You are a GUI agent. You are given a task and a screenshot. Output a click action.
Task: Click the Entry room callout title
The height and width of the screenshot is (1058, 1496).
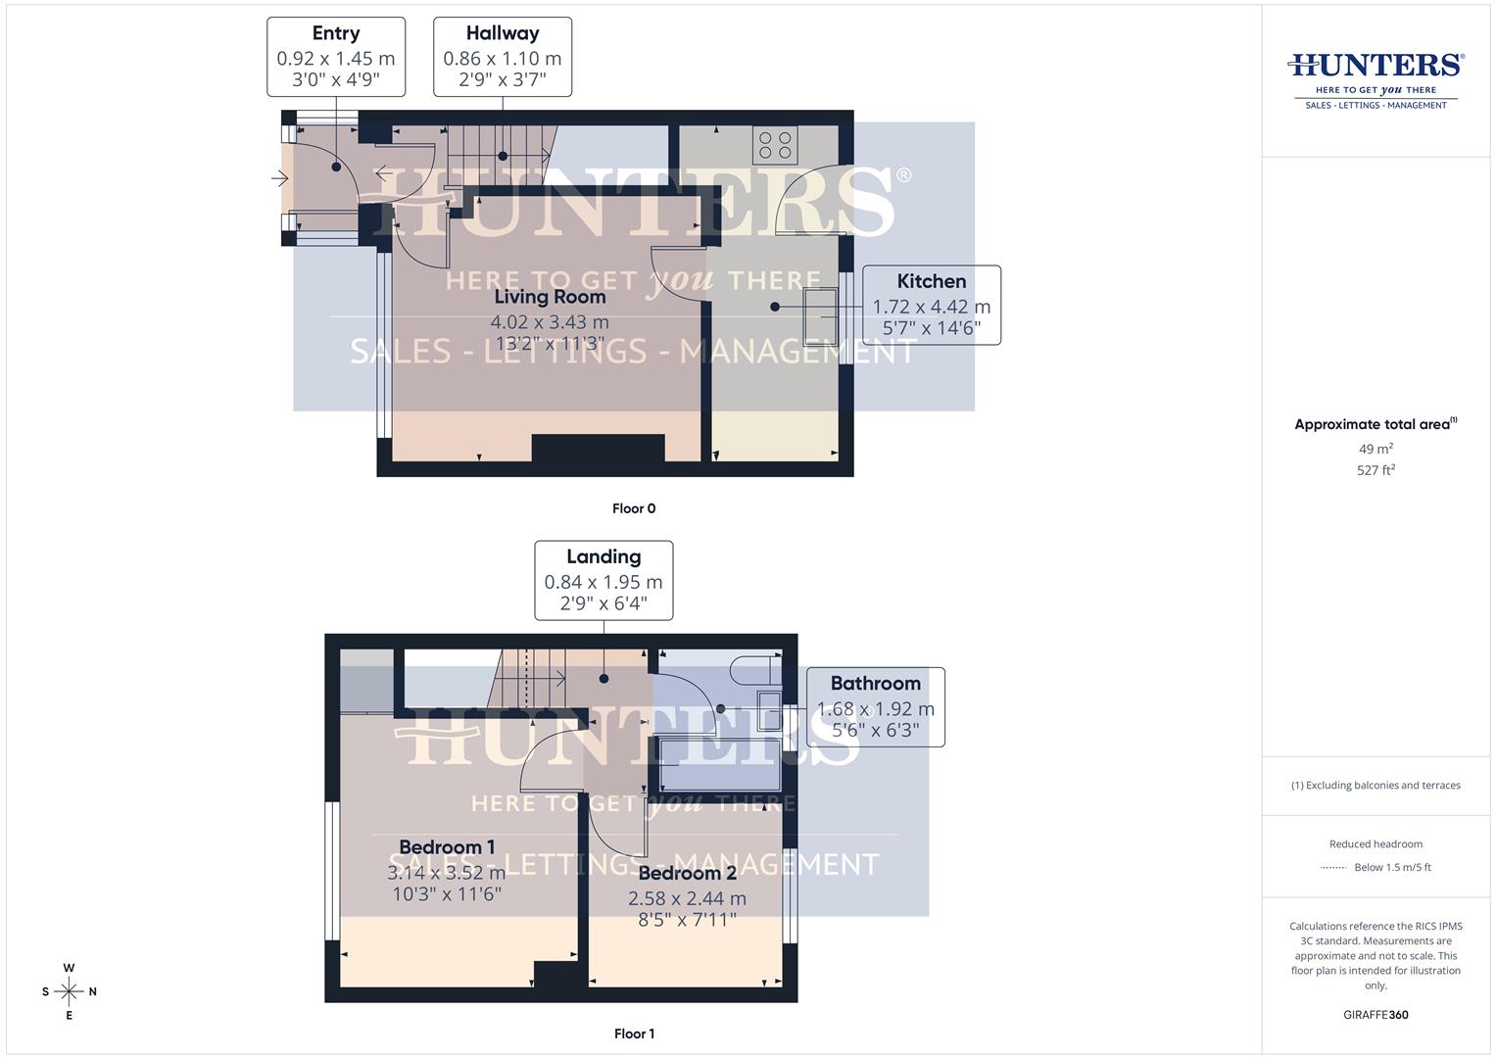(x=336, y=33)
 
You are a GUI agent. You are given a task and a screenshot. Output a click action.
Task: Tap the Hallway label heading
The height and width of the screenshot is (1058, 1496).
(x=503, y=33)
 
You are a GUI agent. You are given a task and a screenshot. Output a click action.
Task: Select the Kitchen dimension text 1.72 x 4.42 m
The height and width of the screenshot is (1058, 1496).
(x=931, y=307)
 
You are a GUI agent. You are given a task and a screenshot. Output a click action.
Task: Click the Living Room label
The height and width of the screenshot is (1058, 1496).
(x=550, y=297)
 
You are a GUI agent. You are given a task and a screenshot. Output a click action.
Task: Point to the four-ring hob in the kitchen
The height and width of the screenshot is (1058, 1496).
(x=775, y=145)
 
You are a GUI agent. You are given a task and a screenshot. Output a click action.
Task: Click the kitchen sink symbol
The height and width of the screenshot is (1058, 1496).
(x=820, y=315)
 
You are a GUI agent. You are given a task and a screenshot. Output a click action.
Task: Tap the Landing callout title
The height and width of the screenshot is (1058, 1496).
(x=603, y=556)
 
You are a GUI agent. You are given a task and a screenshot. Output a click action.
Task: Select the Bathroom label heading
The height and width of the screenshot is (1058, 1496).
(x=876, y=684)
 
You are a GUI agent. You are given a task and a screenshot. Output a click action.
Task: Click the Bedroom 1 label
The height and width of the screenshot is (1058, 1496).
(x=447, y=847)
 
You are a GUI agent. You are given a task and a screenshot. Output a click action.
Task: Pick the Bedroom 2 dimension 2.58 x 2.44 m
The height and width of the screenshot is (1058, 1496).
(x=687, y=898)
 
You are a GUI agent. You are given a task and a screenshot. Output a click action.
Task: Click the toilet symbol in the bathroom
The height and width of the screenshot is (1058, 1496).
(x=756, y=670)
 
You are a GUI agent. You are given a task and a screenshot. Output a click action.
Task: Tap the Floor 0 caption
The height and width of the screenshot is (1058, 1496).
(x=634, y=508)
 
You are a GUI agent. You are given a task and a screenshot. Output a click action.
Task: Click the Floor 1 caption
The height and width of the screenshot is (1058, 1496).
(x=634, y=1034)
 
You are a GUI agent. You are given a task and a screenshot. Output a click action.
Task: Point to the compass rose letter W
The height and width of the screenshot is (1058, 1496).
(x=69, y=968)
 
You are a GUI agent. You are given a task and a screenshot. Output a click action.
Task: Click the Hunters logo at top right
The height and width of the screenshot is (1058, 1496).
(x=1375, y=80)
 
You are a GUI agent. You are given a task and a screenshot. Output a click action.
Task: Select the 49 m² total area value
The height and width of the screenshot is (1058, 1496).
(x=1375, y=449)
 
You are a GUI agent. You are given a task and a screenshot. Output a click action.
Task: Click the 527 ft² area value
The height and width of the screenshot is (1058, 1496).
(x=1375, y=469)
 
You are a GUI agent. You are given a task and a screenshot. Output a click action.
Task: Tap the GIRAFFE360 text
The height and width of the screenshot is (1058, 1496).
(x=1375, y=1015)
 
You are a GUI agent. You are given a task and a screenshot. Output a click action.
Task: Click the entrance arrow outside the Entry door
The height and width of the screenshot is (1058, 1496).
(x=279, y=178)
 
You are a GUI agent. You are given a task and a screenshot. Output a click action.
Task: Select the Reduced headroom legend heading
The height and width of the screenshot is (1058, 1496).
(x=1375, y=843)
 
